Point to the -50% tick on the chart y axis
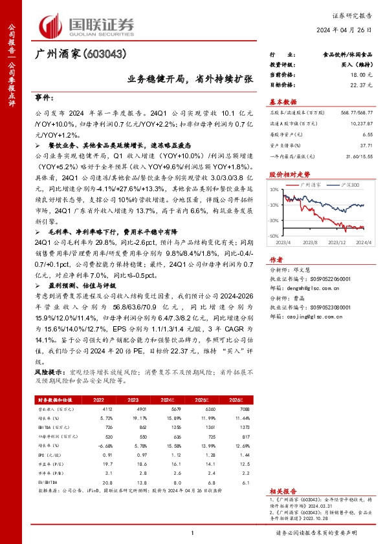273,236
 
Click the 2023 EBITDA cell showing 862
130,427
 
